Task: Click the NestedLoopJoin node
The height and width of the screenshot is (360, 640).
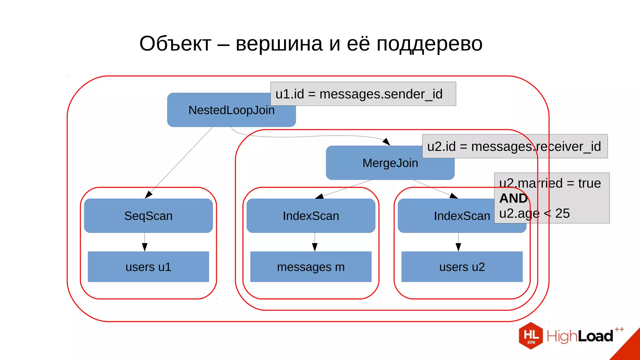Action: tap(231, 110)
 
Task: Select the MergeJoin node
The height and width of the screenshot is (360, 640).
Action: tap(390, 163)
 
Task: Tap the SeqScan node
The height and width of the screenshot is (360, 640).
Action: tap(148, 216)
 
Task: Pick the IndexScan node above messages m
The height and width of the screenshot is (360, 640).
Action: tap(311, 216)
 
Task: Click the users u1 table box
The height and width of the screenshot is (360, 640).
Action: tap(148, 267)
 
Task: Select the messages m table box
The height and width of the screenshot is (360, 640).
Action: tap(311, 267)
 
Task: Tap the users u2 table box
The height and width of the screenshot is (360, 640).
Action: tap(462, 267)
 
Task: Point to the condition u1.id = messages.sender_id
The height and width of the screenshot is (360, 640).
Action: tap(359, 94)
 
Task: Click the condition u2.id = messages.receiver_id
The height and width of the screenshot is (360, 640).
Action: tap(514, 147)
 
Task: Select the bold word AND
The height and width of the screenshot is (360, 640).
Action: tap(513, 198)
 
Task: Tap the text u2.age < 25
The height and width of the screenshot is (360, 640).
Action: tap(534, 213)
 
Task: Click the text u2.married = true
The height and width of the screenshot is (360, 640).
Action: tap(550, 183)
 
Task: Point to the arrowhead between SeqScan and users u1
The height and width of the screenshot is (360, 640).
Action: tap(145, 247)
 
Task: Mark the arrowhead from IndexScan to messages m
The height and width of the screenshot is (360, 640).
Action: tap(315, 247)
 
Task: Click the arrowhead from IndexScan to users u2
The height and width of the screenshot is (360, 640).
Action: tap(458, 247)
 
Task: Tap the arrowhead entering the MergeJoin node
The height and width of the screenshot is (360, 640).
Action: tap(387, 142)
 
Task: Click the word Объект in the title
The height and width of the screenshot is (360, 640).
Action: tap(175, 44)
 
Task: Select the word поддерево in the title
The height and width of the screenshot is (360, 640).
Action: tap(429, 44)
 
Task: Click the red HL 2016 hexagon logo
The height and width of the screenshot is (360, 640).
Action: tap(531, 336)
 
